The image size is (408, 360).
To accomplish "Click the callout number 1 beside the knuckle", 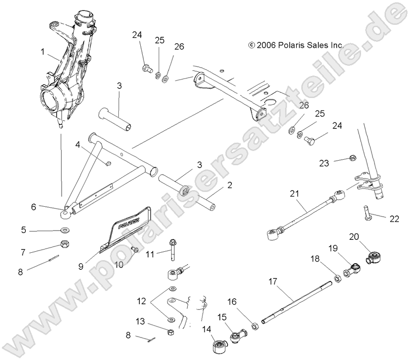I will (43, 52).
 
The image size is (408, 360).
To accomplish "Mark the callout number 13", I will (140, 321).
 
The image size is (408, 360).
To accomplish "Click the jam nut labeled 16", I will (254, 326).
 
